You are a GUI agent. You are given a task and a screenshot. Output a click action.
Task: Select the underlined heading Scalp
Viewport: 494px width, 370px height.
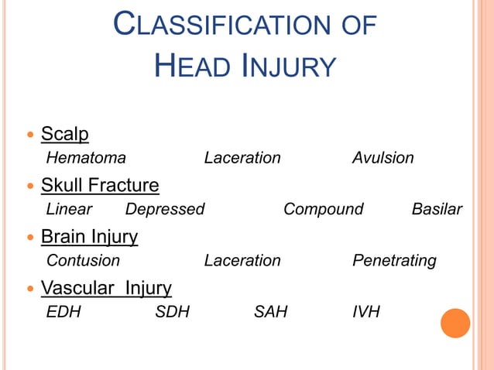pyautogui.click(x=64, y=134)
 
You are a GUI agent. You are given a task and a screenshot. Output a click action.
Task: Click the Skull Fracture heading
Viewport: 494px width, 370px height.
pyautogui.click(x=100, y=186)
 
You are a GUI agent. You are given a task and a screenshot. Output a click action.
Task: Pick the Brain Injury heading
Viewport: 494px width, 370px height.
pyautogui.click(x=89, y=237)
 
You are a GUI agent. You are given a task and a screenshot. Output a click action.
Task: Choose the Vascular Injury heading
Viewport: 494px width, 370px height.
pyautogui.click(x=106, y=289)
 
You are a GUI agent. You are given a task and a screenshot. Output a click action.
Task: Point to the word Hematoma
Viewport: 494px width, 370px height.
pyautogui.click(x=86, y=158)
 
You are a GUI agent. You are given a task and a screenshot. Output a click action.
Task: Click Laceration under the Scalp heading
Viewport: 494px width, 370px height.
pyautogui.click(x=242, y=158)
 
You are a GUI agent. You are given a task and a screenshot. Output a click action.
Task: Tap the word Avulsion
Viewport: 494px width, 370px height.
pyautogui.click(x=383, y=158)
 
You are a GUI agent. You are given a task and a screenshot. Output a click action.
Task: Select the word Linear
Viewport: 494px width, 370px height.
pyautogui.click(x=69, y=209)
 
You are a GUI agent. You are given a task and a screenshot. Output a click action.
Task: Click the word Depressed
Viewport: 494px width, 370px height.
pyautogui.click(x=165, y=209)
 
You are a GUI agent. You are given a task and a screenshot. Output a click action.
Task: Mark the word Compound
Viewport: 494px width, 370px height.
pyautogui.click(x=323, y=209)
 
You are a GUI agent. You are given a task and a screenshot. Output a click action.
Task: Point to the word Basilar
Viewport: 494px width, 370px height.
pyautogui.click(x=437, y=209)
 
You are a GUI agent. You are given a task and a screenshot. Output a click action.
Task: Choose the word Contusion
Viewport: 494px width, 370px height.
pyautogui.click(x=84, y=261)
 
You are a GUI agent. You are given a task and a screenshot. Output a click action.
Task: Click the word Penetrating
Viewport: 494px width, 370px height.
pyautogui.click(x=394, y=261)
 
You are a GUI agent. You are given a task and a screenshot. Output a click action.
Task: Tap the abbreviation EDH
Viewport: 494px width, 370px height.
pyautogui.click(x=63, y=313)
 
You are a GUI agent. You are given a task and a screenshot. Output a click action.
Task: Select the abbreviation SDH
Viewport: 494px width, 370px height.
pyautogui.click(x=173, y=313)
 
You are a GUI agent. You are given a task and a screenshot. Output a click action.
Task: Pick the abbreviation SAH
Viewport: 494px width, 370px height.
pyautogui.click(x=270, y=313)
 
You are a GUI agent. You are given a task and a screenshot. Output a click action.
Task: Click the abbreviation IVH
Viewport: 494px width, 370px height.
pyautogui.click(x=365, y=313)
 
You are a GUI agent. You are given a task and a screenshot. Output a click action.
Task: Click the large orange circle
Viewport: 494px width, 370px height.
pyautogui.click(x=455, y=323)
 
